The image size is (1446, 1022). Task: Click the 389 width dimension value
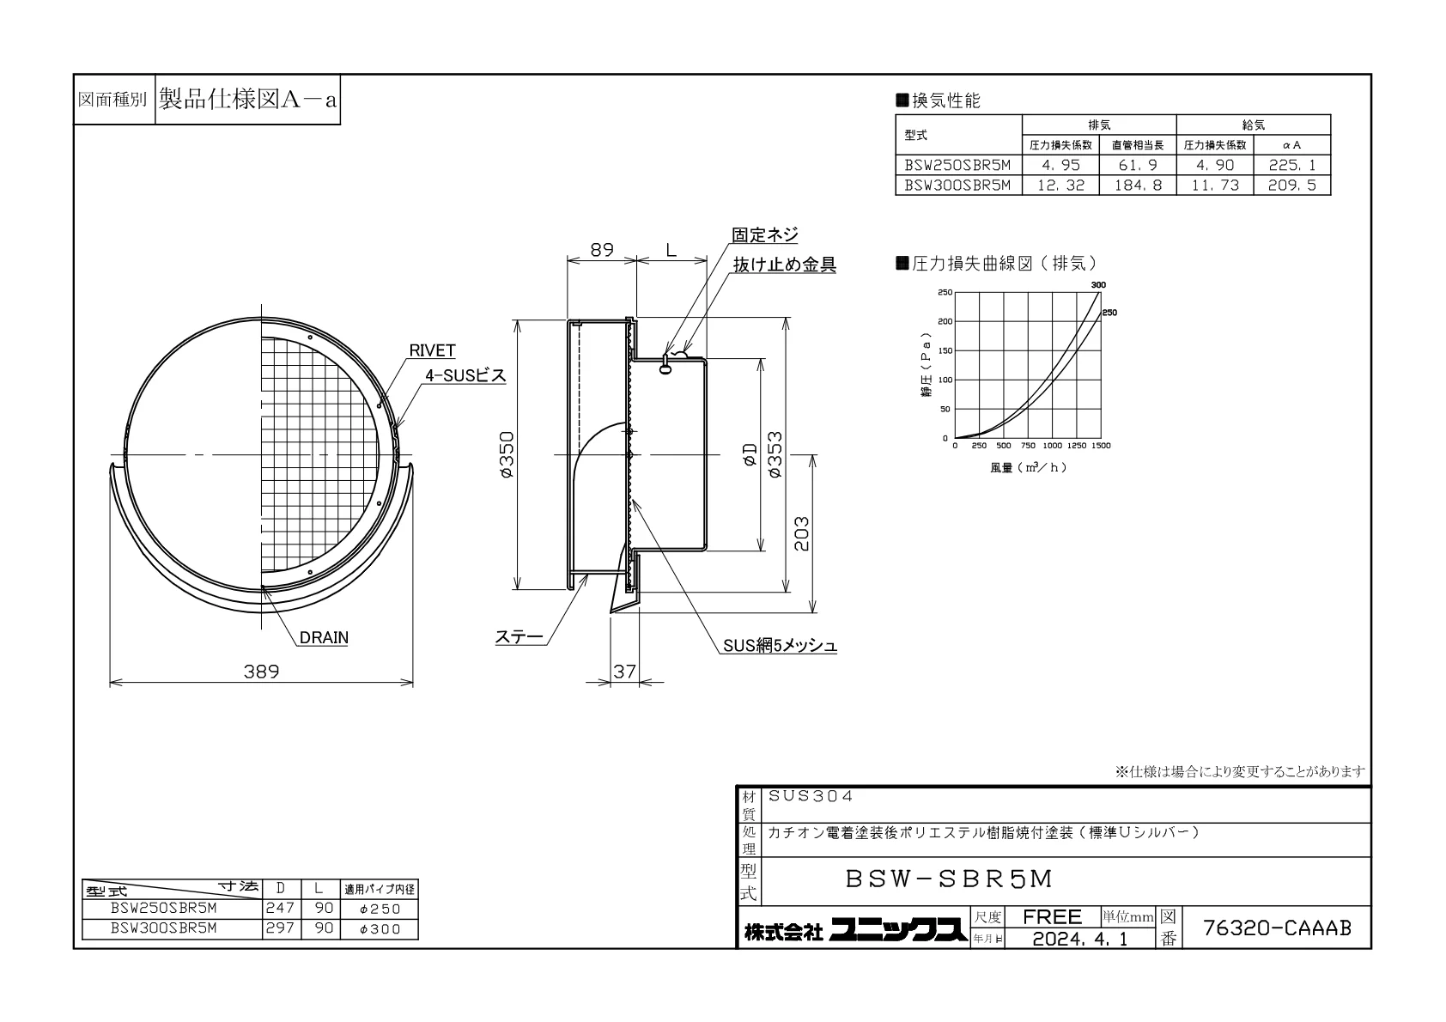(x=261, y=672)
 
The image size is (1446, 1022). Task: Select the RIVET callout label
(x=432, y=350)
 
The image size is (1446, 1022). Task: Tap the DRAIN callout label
(x=324, y=638)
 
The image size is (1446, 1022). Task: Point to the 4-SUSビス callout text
(x=465, y=376)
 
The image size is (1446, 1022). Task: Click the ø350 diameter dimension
(x=507, y=454)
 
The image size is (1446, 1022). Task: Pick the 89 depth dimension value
(x=602, y=250)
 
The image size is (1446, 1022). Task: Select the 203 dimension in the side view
(x=801, y=533)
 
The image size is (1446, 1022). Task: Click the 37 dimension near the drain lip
(x=624, y=672)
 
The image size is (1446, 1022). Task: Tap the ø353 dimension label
(x=775, y=454)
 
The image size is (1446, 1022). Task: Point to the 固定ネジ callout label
(x=764, y=234)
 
